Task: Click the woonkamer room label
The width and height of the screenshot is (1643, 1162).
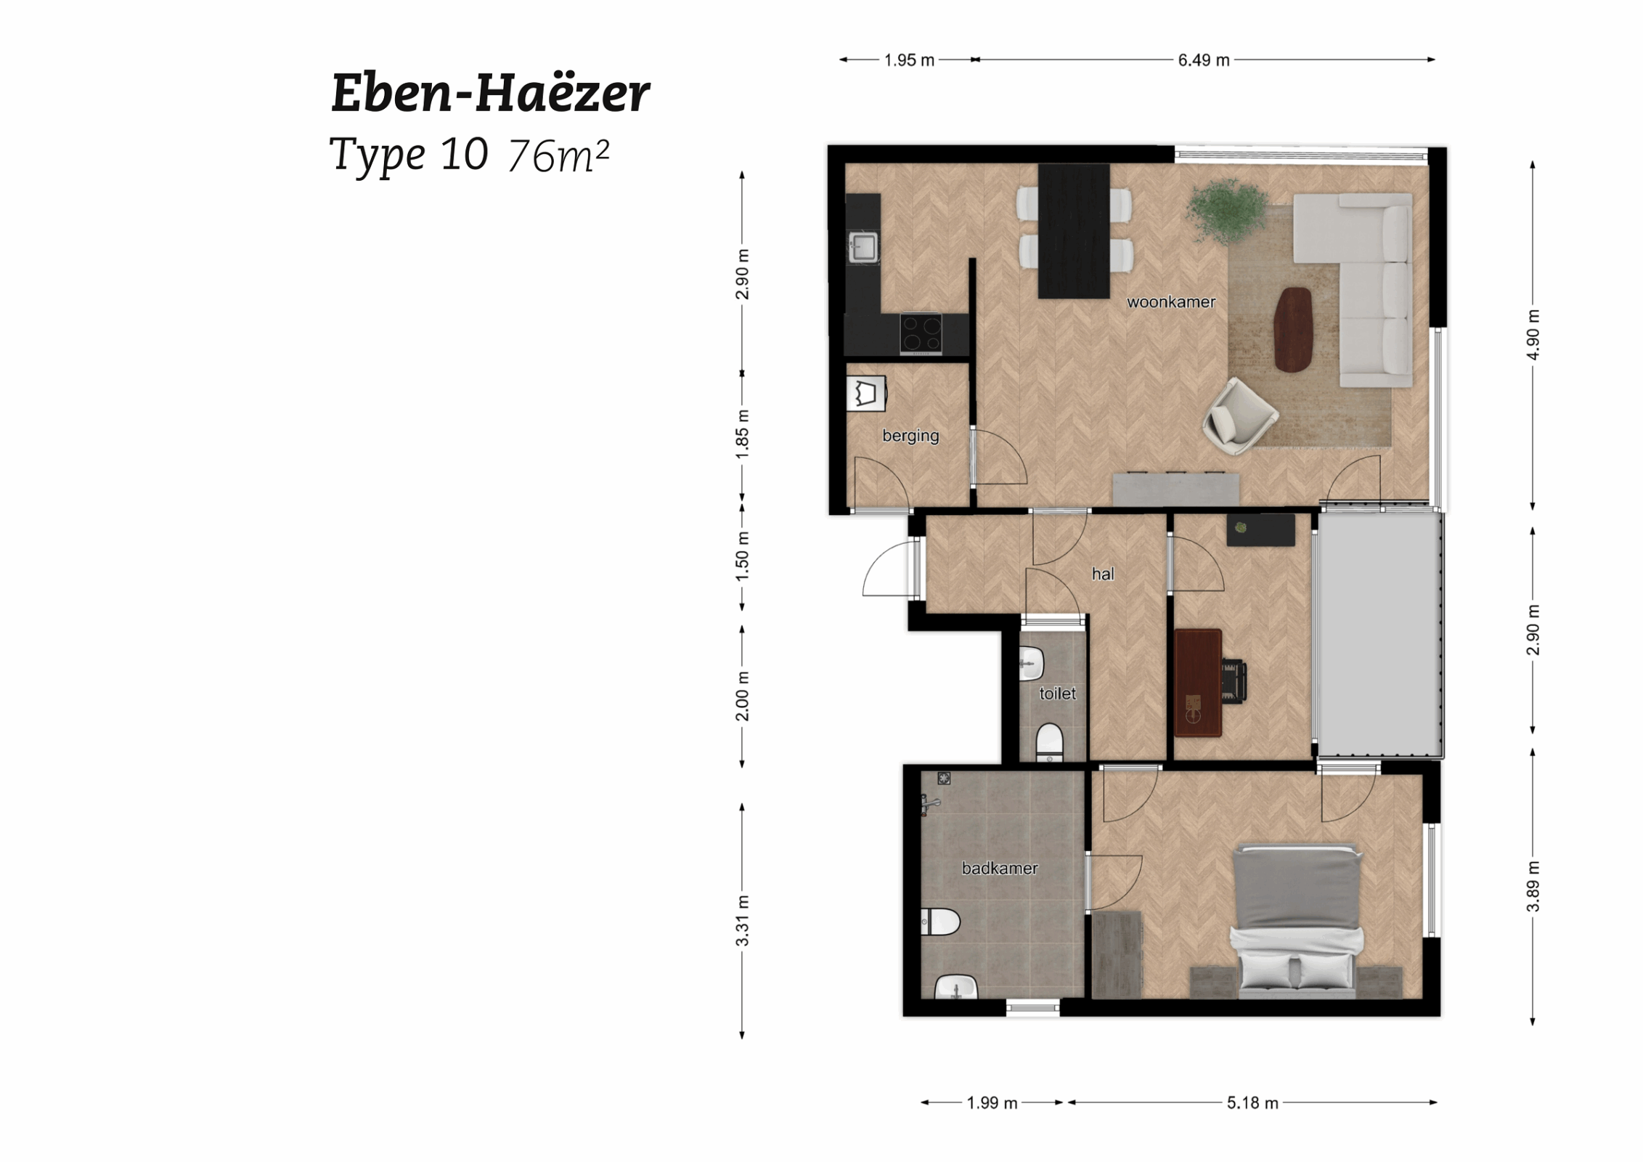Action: [1170, 302]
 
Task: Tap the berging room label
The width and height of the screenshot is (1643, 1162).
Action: [910, 435]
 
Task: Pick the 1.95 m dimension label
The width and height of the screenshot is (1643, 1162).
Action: [908, 60]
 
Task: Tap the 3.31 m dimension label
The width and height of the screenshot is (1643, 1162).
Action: [742, 920]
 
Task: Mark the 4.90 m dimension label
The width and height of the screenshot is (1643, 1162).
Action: [1532, 334]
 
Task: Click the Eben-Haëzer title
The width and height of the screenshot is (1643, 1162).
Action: [490, 93]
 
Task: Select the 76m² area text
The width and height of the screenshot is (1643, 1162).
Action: [558, 155]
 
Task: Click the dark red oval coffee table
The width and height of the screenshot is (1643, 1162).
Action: [1292, 329]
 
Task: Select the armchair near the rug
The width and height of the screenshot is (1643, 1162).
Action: [1238, 416]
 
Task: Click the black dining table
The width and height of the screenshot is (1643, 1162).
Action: [1073, 231]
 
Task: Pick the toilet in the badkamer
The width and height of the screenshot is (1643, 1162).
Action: [941, 922]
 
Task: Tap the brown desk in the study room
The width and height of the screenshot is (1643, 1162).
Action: [1197, 682]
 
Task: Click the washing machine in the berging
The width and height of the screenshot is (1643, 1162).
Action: [865, 394]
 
